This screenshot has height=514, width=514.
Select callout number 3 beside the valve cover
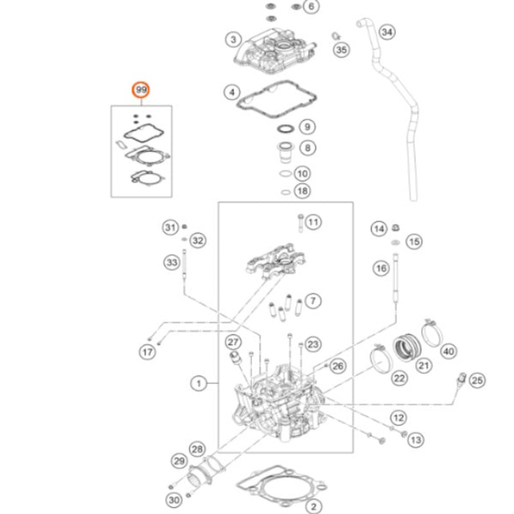click(x=232, y=40)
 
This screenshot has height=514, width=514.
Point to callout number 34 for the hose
click(x=386, y=31)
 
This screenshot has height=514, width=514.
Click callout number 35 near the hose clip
click(x=341, y=49)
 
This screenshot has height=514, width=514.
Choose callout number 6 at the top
click(x=311, y=7)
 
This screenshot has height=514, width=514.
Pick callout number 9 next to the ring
click(x=306, y=126)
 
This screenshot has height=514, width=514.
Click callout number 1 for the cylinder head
click(x=200, y=384)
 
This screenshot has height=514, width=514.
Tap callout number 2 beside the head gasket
click(x=314, y=506)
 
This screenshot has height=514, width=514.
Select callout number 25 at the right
click(x=476, y=380)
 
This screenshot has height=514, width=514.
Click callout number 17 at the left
click(x=147, y=351)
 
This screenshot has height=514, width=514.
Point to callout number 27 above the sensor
click(x=233, y=342)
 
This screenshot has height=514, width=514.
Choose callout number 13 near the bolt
click(x=416, y=439)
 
